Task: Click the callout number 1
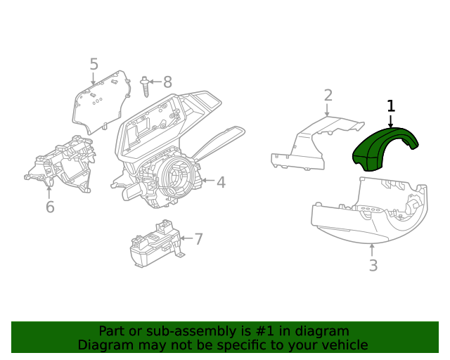391,106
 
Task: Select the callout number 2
328,95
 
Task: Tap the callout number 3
373,266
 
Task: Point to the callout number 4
221,182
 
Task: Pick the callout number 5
94,65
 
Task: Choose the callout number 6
50,207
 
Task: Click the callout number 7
198,239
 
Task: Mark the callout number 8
167,82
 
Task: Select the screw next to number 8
145,86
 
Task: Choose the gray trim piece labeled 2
309,144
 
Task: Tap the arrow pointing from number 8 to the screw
155,82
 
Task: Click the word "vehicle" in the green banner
344,345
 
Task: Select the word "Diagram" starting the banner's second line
103,345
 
